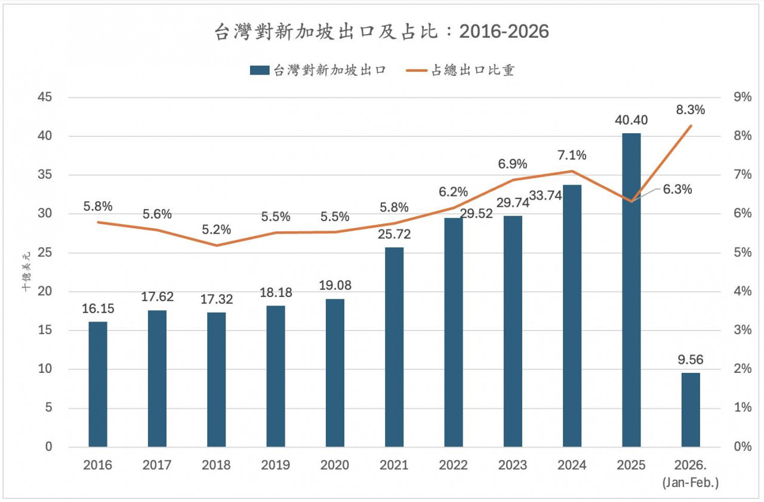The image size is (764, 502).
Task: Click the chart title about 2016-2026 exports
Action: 381,32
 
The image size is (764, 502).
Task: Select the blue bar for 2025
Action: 631,290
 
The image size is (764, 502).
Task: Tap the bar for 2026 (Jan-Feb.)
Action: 690,410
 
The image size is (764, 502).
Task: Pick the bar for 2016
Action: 98,384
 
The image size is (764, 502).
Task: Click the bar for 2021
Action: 394,347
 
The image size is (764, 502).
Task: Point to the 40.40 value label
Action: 631,121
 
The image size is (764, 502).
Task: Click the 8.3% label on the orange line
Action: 691,110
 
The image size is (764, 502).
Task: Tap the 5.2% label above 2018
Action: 216,230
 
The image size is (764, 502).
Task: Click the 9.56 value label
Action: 690,360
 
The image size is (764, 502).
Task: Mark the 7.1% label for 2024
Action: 572,155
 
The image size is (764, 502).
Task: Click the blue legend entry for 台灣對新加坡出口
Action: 319,71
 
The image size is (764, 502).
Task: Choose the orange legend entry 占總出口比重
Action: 463,71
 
